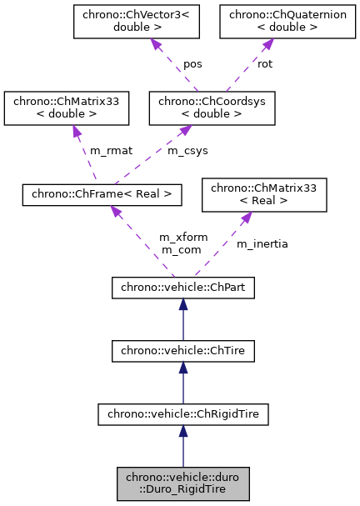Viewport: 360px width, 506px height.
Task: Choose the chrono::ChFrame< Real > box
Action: click(x=102, y=194)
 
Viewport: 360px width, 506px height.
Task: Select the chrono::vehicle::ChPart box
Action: click(x=183, y=288)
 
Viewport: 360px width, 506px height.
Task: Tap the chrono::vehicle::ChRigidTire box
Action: click(x=183, y=413)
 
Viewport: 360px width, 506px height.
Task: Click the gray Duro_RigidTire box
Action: click(x=183, y=483)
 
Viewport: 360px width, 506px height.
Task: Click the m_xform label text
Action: click(x=177, y=238)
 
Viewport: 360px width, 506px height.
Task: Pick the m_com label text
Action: click(x=177, y=249)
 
